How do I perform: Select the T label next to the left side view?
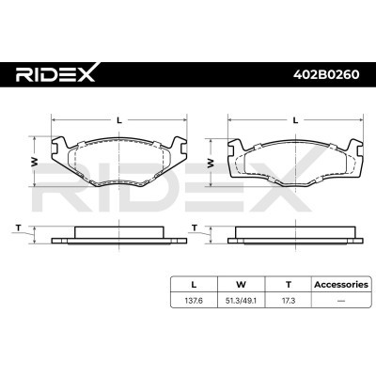[18, 227]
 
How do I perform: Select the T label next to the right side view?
[194, 227]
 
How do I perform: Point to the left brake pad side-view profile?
[116, 235]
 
